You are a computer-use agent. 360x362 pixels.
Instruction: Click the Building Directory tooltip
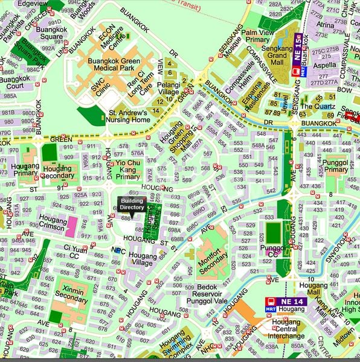tap(132, 203)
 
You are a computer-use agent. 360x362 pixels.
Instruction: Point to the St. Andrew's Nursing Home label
tap(129, 116)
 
